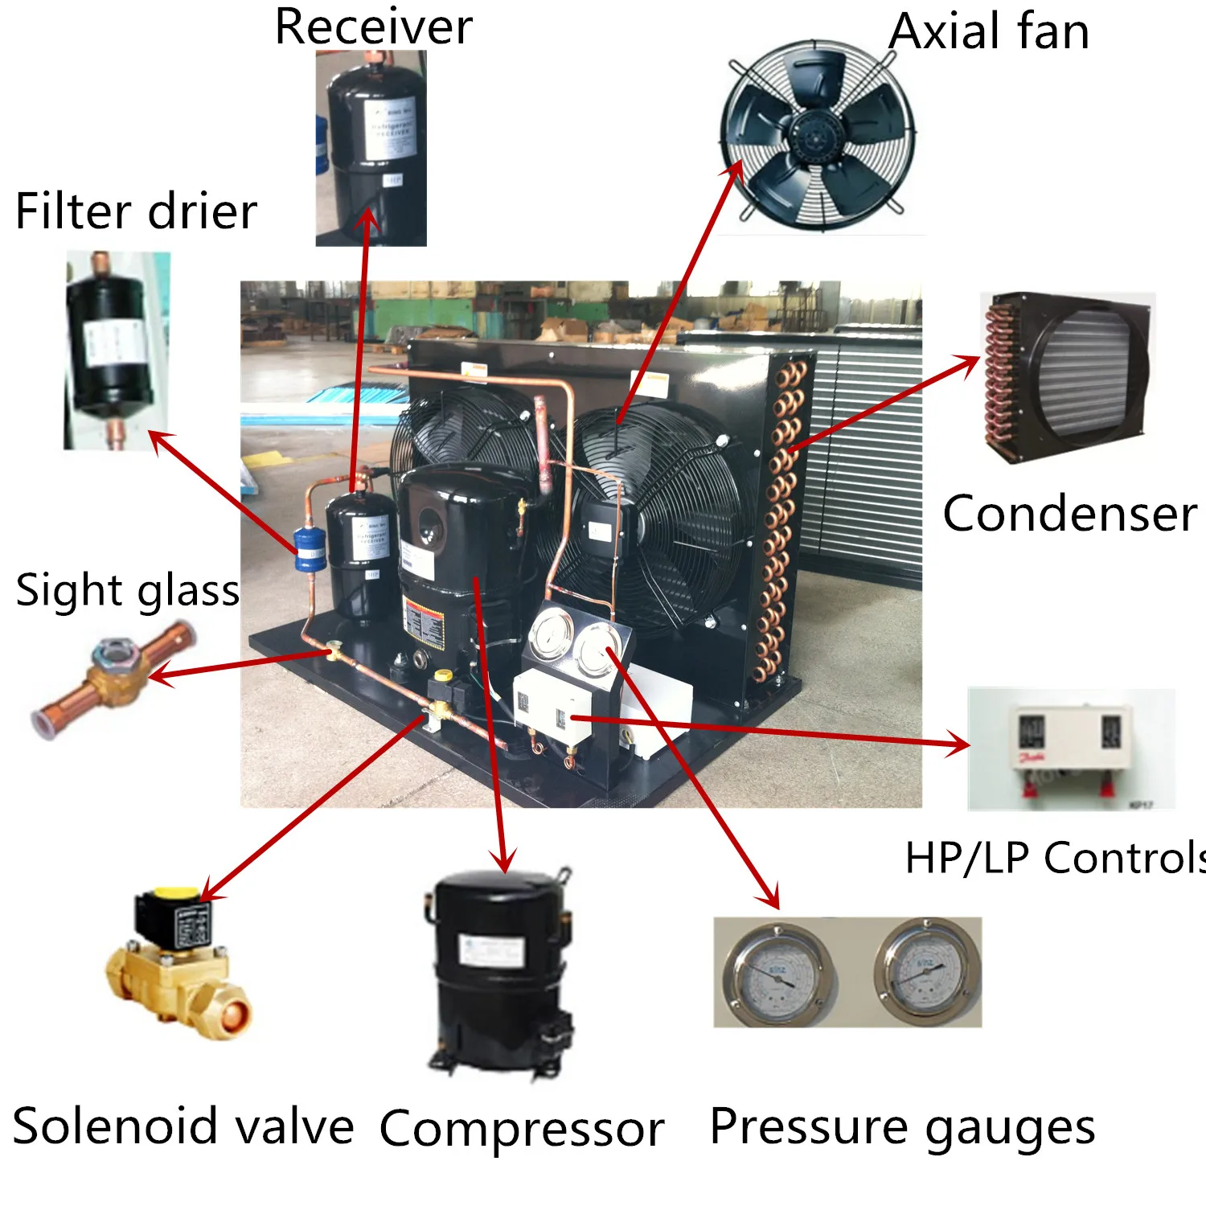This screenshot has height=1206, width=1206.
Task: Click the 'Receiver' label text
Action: point(373,27)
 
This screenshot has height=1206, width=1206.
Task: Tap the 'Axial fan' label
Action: point(989,32)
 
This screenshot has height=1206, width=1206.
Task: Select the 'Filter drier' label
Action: point(136,211)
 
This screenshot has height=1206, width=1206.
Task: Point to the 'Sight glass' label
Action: point(127,590)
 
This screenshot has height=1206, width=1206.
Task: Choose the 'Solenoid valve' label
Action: point(183,1125)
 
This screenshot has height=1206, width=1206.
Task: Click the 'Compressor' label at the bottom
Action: point(521,1128)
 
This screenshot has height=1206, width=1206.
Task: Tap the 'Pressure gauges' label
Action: point(902,1126)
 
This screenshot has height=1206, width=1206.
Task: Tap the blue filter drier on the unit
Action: point(309,548)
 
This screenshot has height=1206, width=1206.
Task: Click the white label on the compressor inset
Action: point(491,950)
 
